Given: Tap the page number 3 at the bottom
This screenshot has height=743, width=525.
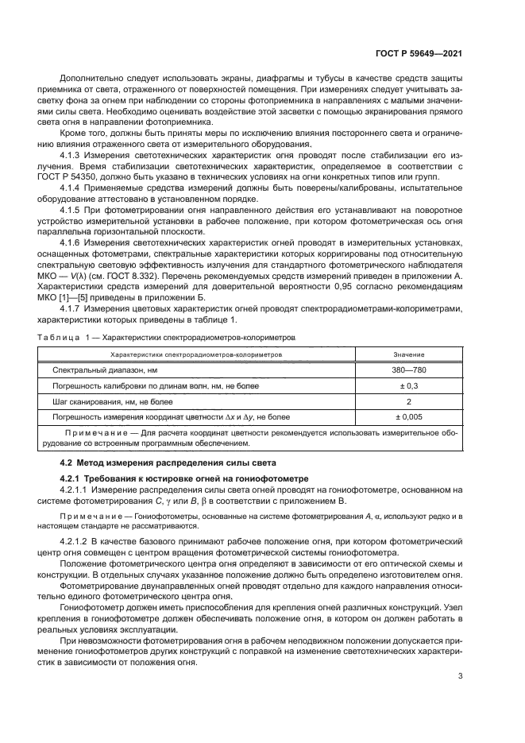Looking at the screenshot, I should [460, 676].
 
